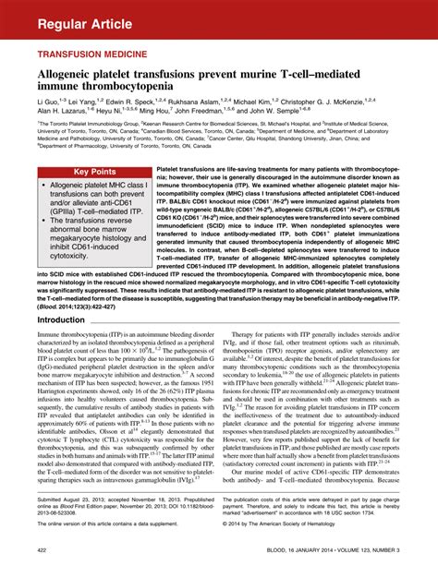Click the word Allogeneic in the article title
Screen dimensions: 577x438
tap(75, 74)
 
